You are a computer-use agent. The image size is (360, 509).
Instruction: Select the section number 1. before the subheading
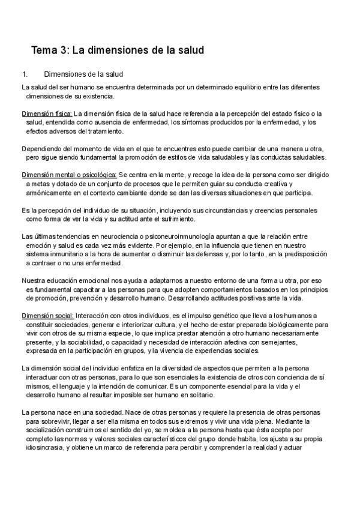(25, 74)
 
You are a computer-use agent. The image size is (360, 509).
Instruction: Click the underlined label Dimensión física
(47, 113)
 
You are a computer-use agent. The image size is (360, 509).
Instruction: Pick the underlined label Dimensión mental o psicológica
(69, 175)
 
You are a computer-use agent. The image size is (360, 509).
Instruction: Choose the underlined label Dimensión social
(47, 316)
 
